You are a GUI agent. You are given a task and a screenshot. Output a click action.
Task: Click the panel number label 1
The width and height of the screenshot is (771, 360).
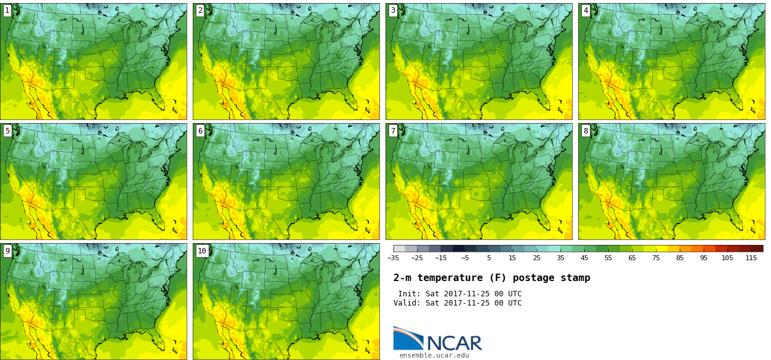tap(7, 10)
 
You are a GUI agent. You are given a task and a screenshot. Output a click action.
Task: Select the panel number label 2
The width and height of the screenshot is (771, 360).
tap(200, 10)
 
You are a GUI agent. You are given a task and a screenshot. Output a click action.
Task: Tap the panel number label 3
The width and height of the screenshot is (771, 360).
tap(393, 10)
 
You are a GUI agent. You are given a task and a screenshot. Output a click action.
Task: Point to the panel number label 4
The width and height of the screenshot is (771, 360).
tap(586, 10)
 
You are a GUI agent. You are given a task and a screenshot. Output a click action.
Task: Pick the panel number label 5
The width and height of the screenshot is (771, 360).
tap(7, 130)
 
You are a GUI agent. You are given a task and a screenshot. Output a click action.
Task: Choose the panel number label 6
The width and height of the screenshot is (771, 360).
tap(200, 130)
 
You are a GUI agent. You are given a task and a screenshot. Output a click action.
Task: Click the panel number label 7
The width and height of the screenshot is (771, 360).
tap(393, 130)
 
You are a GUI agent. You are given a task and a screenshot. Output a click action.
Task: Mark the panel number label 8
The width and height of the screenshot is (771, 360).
tap(586, 130)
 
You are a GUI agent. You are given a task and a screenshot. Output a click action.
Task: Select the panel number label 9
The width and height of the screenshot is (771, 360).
tap(7, 250)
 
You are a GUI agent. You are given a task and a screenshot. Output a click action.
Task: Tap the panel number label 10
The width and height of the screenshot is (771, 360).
tap(202, 250)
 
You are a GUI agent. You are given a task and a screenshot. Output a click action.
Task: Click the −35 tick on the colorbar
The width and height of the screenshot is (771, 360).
tap(393, 258)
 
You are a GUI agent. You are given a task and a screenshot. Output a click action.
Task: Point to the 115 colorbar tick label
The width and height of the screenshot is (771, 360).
tap(751, 258)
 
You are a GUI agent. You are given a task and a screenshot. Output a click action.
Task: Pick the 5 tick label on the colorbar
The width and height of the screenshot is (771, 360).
tap(488, 258)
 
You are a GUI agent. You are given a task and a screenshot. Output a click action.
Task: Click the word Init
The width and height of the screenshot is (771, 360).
tap(409, 294)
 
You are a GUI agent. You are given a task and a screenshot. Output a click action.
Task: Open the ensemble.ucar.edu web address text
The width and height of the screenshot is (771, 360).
tap(434, 355)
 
